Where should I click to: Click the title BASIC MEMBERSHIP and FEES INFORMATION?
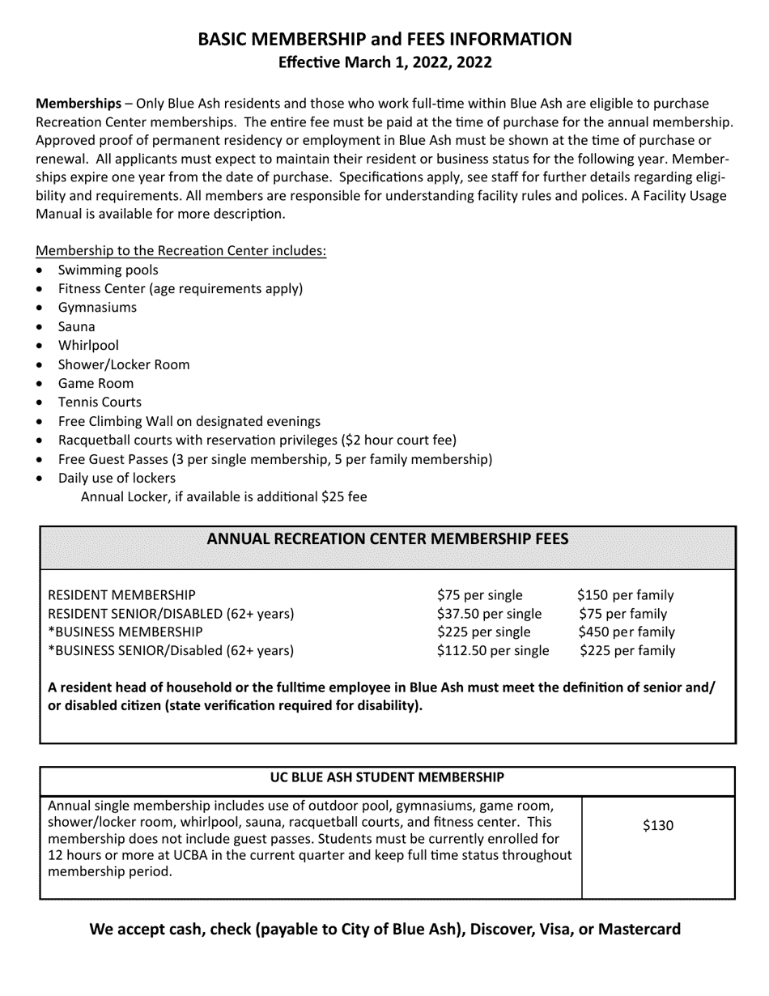pyautogui.click(x=384, y=39)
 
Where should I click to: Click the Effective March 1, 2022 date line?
pyautogui.click(x=384, y=62)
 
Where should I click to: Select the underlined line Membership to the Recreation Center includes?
pyautogui.click(x=181, y=250)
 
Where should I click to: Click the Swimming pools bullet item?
pyautogui.click(x=108, y=270)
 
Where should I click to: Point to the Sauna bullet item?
pyautogui.click(x=76, y=326)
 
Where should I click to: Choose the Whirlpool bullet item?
pyautogui.click(x=88, y=345)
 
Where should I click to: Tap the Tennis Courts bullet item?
pyautogui.click(x=100, y=402)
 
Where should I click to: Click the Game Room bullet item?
pyautogui.click(x=96, y=383)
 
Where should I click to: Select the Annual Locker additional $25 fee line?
pyautogui.click(x=223, y=496)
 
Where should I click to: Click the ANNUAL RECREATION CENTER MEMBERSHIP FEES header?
pyautogui.click(x=388, y=539)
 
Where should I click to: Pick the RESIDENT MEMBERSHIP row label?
pyautogui.click(x=122, y=595)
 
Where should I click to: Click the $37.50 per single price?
pyautogui.click(x=489, y=614)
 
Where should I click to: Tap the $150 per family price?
pyautogui.click(x=625, y=595)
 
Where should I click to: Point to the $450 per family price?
pyautogui.click(x=626, y=632)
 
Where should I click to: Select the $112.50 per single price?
pyautogui.click(x=492, y=650)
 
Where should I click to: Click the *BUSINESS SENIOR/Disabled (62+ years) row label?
pyautogui.click(x=171, y=650)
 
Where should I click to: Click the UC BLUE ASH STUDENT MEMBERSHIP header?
pyautogui.click(x=387, y=777)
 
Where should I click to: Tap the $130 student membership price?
pyautogui.click(x=657, y=826)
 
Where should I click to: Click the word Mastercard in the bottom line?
pyautogui.click(x=639, y=929)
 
